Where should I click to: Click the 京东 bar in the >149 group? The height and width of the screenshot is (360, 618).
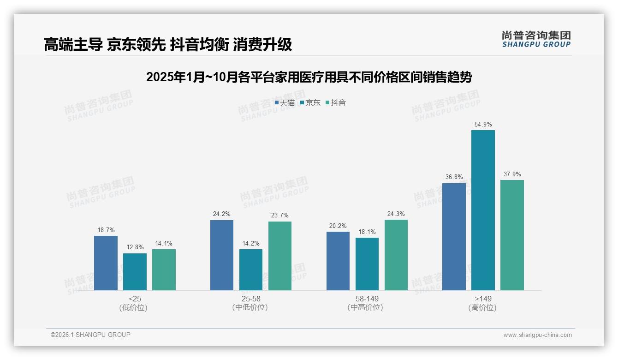(483, 210)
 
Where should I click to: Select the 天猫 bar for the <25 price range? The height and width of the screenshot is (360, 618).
(106, 263)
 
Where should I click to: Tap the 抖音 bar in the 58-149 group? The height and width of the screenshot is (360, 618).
(396, 255)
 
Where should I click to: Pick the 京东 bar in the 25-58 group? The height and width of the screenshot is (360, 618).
(251, 270)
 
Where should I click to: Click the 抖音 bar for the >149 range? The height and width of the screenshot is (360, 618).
(512, 235)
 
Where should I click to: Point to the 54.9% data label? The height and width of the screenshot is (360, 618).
(483, 125)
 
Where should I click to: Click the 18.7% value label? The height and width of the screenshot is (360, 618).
(106, 230)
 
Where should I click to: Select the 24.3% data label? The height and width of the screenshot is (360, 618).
(396, 214)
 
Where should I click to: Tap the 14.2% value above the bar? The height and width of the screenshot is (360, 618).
(251, 244)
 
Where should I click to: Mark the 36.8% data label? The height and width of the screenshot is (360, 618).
(454, 177)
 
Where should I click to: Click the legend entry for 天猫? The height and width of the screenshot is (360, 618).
(285, 103)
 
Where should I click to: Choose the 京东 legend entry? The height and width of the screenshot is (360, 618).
(310, 103)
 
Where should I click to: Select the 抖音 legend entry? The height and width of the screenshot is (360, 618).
(336, 103)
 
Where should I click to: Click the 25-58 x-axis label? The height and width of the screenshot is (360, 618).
(250, 299)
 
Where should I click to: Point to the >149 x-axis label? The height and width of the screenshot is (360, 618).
(482, 299)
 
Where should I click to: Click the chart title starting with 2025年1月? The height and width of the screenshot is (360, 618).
(309, 78)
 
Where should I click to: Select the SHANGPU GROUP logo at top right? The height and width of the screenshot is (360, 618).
(536, 39)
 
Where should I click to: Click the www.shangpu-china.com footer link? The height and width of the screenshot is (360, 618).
(537, 335)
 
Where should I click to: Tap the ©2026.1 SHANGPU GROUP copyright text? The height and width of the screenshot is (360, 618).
(90, 335)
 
